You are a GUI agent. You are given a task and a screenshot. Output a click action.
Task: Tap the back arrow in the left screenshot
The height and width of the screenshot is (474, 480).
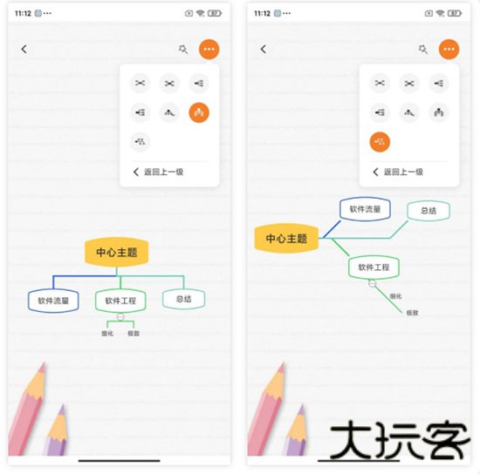[24, 50]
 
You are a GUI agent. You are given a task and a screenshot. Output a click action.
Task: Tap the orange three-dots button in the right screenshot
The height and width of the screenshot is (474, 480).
[449, 50]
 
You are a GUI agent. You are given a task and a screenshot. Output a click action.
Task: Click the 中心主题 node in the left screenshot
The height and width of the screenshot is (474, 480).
[117, 252]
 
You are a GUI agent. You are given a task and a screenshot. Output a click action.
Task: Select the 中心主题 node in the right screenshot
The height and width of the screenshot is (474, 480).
[286, 238]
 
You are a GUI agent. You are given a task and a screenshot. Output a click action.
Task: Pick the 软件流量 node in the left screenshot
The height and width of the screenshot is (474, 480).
[53, 301]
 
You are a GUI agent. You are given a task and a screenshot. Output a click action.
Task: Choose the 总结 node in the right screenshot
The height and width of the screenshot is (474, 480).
[428, 210]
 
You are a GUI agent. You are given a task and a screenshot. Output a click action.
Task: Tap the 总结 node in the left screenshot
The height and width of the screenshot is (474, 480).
[183, 299]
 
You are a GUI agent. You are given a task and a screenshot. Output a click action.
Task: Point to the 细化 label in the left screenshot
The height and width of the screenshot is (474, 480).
[107, 333]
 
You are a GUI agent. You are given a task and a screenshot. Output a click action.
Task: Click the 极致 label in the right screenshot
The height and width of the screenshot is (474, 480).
[412, 312]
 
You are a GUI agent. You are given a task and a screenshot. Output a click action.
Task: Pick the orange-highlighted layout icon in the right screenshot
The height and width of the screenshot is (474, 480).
[380, 141]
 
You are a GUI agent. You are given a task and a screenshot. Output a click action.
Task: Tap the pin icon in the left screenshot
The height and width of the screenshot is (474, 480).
[182, 50]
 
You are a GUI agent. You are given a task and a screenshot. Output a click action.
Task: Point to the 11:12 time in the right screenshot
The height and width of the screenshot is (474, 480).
[262, 14]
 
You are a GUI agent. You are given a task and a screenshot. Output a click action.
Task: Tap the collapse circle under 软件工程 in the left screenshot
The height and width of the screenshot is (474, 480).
[121, 315]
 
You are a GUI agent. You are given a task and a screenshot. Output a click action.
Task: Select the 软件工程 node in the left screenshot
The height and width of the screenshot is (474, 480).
[120, 301]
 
